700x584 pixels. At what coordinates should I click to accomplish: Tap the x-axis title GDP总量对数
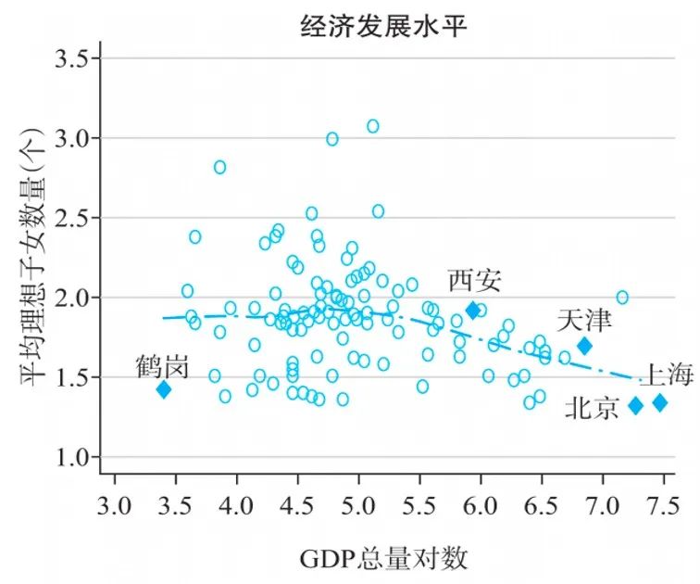click(x=384, y=558)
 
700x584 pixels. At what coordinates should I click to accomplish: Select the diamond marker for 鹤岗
click(x=164, y=389)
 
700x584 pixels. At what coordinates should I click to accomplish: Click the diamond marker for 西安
click(x=473, y=310)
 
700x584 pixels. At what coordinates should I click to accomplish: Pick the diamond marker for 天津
click(x=584, y=346)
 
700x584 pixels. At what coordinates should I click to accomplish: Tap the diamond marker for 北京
click(x=636, y=405)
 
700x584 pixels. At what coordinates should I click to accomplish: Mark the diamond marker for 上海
click(x=660, y=402)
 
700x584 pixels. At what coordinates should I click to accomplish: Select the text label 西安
click(x=475, y=279)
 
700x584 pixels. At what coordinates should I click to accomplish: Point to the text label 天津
click(x=584, y=321)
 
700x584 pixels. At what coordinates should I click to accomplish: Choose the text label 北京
click(x=592, y=408)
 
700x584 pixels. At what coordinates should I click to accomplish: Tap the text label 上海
click(x=667, y=375)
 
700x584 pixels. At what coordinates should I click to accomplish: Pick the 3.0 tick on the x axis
click(x=115, y=506)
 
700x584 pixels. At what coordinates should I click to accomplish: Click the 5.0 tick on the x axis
click(x=358, y=506)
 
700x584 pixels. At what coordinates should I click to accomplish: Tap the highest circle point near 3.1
click(x=372, y=126)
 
